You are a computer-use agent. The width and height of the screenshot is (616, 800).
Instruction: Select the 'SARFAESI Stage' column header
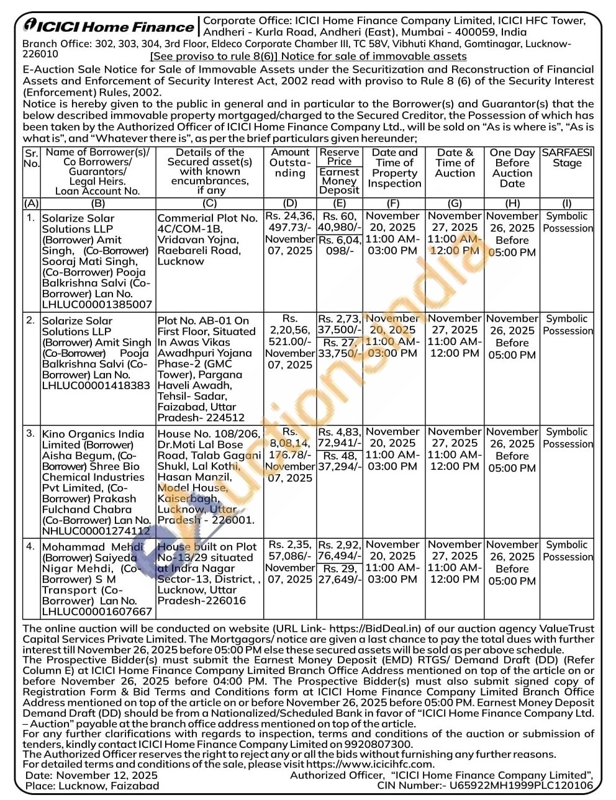pyautogui.click(x=567, y=158)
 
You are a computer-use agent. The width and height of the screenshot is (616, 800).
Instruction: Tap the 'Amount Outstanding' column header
pyautogui.click(x=290, y=163)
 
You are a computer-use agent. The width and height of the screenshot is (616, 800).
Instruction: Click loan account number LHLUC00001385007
pyautogui.click(x=97, y=305)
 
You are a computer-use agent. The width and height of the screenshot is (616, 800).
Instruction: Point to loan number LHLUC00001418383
pyautogui.click(x=96, y=385)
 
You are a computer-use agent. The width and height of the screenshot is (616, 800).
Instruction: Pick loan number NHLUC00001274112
pyautogui.click(x=96, y=531)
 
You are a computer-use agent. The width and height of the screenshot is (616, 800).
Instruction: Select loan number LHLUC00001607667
pyautogui.click(x=97, y=611)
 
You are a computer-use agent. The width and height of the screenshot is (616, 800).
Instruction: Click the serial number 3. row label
pyautogui.click(x=30, y=434)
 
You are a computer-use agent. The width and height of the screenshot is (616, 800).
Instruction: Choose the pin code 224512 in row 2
pyautogui.click(x=227, y=418)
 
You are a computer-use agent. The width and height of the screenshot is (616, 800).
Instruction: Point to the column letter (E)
pyautogui.click(x=339, y=203)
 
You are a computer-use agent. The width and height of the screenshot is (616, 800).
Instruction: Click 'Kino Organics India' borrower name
pyautogui.click(x=93, y=434)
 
